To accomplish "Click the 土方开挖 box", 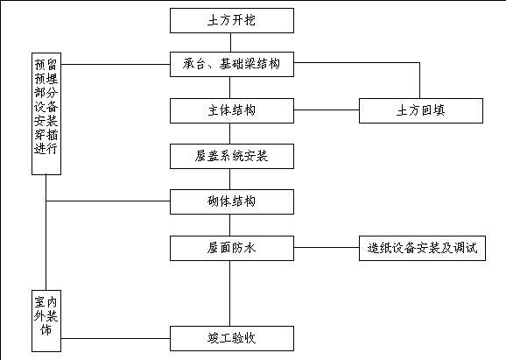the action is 232,21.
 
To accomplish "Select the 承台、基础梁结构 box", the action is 232,64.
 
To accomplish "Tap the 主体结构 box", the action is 232,110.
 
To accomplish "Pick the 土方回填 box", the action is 421,110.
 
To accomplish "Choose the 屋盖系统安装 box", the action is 232,156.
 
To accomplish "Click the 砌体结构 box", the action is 232,201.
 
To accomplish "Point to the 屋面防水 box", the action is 232,248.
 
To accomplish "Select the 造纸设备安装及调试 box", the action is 422,248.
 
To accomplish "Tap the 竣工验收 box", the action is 232,338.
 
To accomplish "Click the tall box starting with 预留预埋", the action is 46,114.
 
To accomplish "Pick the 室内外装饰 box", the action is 46,321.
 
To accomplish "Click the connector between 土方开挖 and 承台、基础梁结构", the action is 230,42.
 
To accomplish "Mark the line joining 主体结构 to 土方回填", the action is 327,109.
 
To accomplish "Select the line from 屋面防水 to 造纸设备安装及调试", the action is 327,248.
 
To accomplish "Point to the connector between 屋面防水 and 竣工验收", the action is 229,293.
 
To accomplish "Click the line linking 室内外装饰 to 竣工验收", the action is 116,338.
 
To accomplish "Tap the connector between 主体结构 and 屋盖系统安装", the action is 229,134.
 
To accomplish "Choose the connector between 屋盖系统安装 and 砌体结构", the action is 229,180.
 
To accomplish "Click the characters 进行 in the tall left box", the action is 46,149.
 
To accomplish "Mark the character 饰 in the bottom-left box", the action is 46,329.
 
